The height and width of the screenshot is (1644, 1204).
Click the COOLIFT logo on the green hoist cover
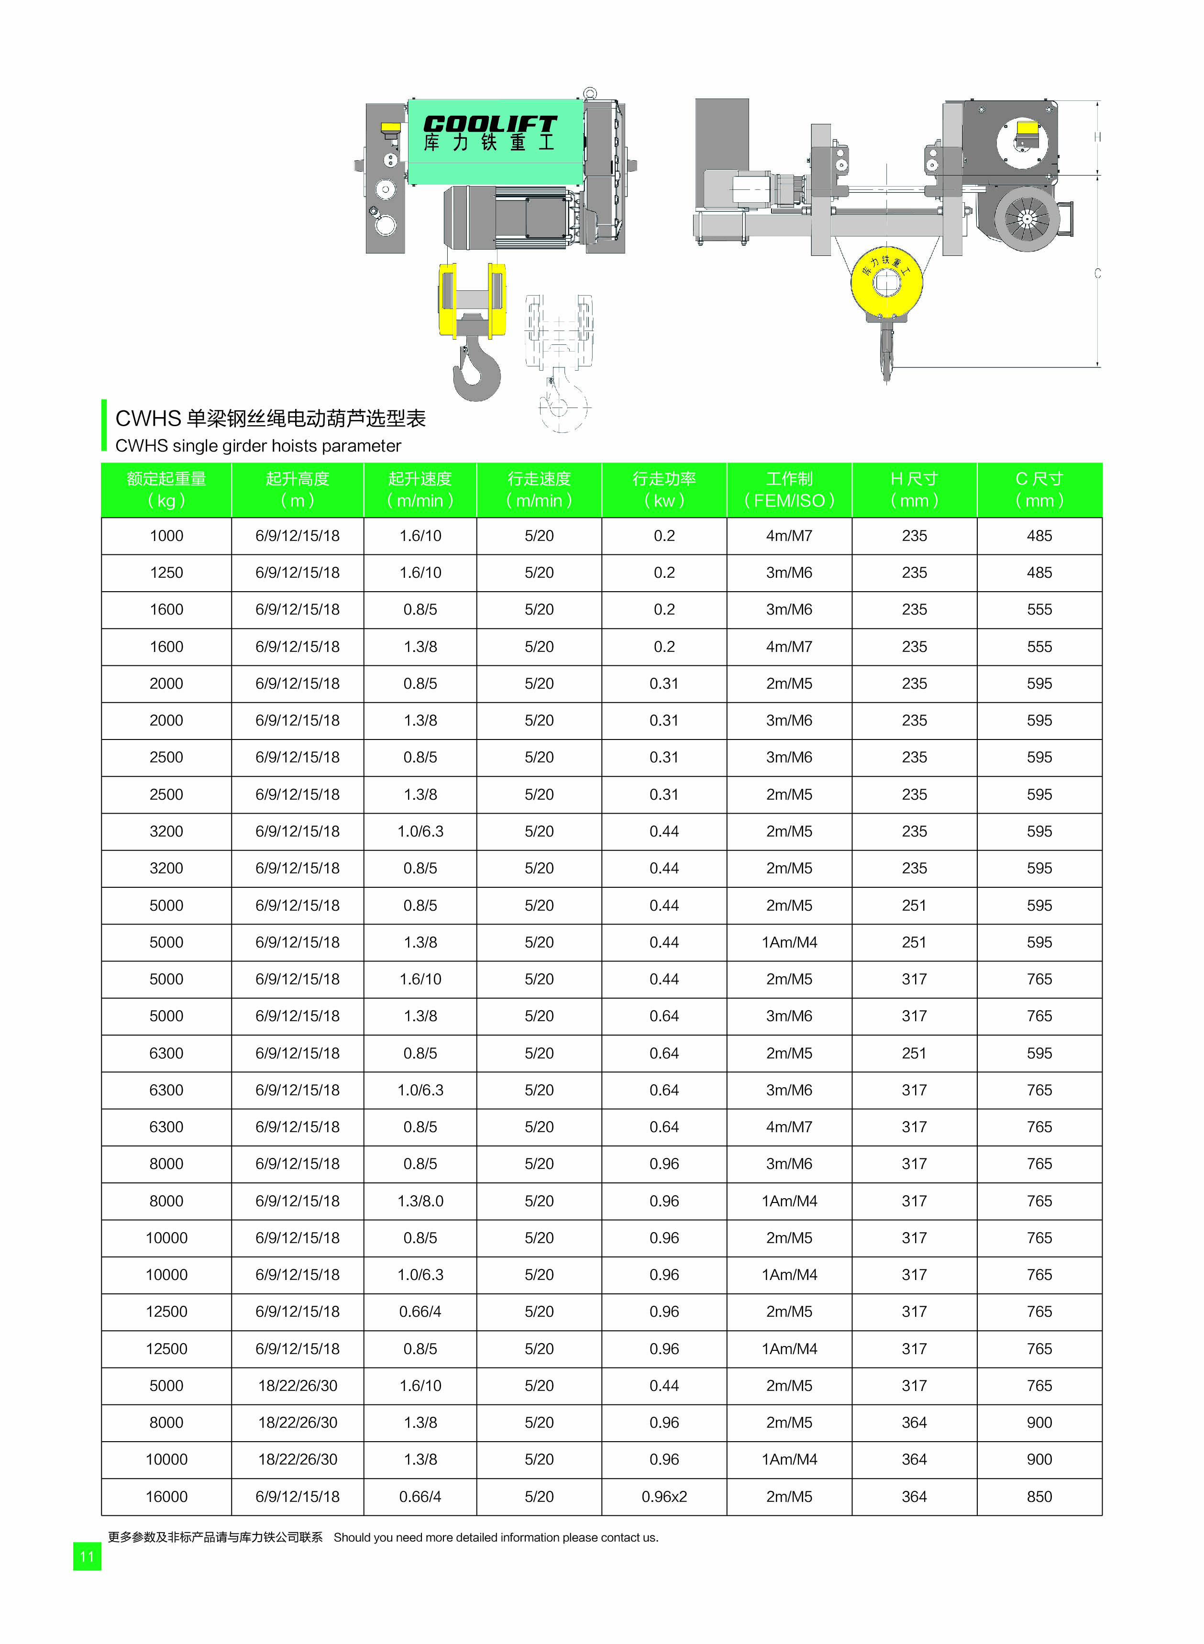490,125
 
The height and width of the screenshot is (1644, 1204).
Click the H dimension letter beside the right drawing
1097,137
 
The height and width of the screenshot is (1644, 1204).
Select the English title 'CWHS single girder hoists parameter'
258,445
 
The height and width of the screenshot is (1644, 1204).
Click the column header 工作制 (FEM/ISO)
789,490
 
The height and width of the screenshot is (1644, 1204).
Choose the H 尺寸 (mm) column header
914,490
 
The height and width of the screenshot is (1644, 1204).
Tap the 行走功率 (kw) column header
664,490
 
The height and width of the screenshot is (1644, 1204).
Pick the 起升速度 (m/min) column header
420,490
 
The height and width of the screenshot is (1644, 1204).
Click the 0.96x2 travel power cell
664,1497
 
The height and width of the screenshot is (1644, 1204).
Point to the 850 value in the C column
1039,1497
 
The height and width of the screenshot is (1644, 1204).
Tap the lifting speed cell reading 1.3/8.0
420,1201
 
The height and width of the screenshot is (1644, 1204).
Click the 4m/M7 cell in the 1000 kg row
789,536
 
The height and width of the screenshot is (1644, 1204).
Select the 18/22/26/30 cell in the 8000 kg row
298,1423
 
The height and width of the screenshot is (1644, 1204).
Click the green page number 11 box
87,1556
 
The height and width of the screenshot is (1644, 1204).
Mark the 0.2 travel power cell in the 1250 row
664,573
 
